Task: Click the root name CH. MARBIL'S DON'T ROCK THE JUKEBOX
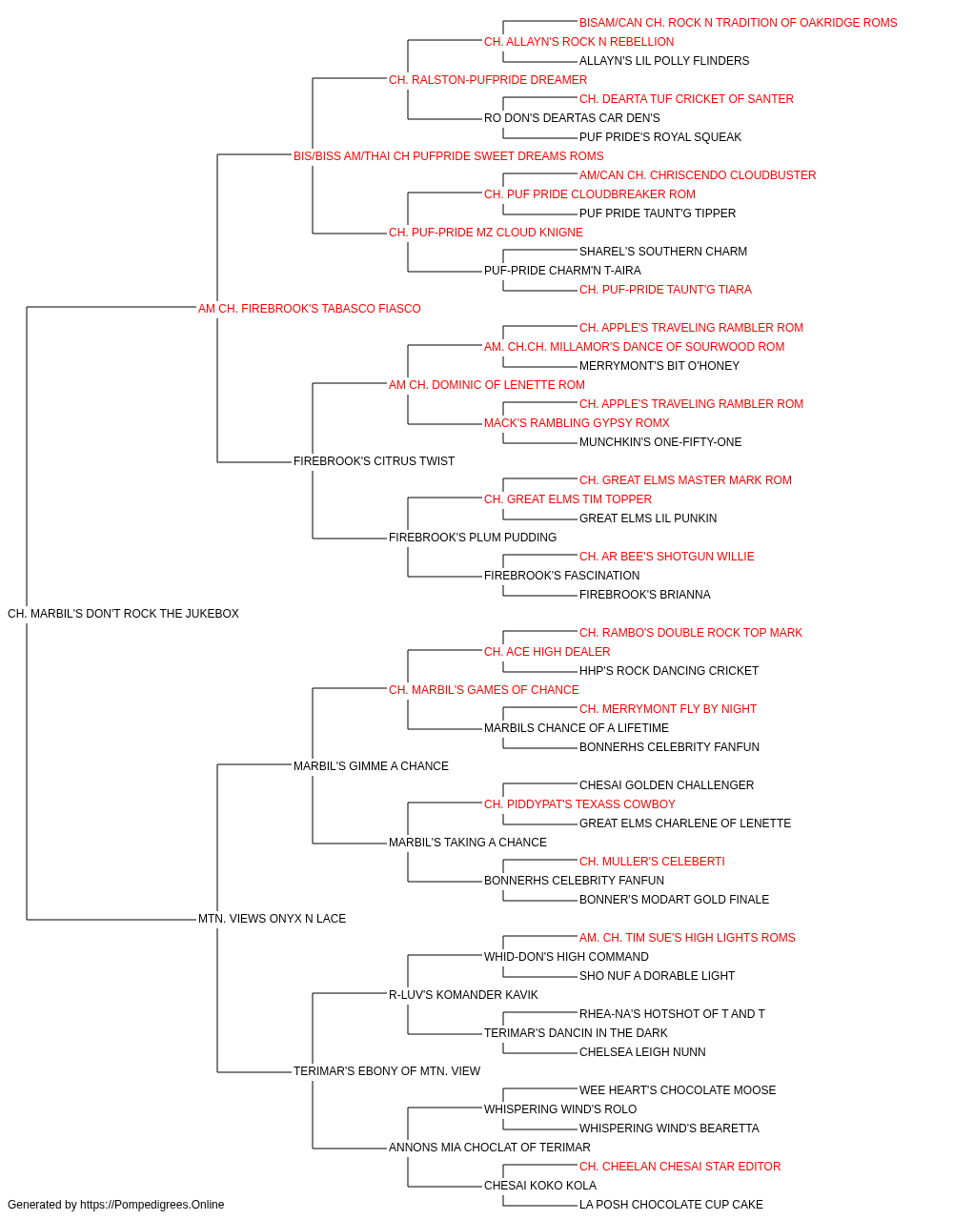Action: point(123,614)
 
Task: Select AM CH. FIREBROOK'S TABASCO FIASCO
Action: point(309,309)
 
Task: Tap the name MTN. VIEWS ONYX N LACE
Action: point(273,919)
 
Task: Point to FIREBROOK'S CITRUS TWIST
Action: point(374,461)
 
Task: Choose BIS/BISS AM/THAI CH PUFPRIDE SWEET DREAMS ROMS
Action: point(449,156)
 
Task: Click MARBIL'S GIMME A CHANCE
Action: point(371,765)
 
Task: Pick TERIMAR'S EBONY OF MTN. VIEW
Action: point(387,1070)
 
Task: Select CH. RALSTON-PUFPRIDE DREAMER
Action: point(488,80)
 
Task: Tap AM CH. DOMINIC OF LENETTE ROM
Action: point(487,384)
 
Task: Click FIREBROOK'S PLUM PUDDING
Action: point(473,538)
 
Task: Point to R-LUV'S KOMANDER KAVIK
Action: point(463,995)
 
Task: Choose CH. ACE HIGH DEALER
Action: point(547,652)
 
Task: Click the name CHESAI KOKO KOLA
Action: point(540,1185)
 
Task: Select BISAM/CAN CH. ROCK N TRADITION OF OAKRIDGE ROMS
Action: point(738,23)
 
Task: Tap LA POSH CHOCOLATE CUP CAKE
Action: point(671,1205)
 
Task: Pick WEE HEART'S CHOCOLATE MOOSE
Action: point(678,1089)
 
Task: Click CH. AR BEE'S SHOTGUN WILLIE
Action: point(667,557)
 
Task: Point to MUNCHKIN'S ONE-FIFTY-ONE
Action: point(660,442)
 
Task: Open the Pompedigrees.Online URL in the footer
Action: point(152,1205)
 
